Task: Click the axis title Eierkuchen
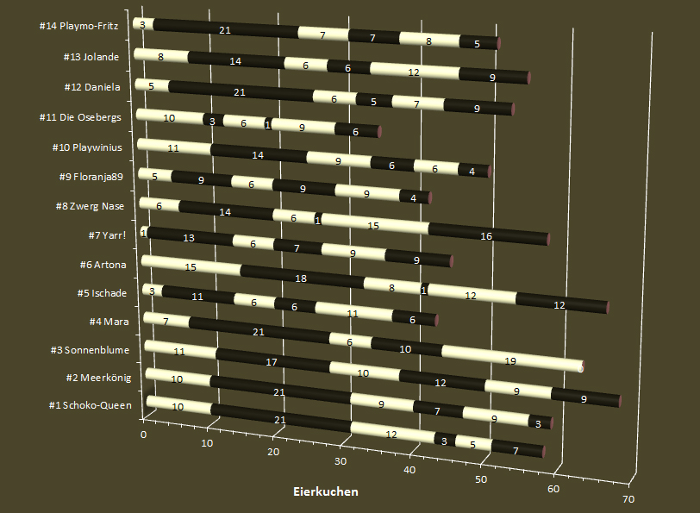coord(326,492)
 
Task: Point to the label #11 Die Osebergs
coord(86,117)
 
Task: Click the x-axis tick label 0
coord(143,435)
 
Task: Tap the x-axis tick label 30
coord(340,461)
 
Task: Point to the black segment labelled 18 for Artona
coord(302,278)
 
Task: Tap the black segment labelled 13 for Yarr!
coord(189,237)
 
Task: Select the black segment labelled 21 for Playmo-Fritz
coord(225,30)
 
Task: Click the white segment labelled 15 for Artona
coord(191,266)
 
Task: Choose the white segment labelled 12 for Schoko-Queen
coord(391,434)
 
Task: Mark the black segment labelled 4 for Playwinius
coord(472,172)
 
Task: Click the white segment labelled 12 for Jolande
coord(414,72)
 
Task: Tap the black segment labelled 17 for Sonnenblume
coord(272,362)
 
